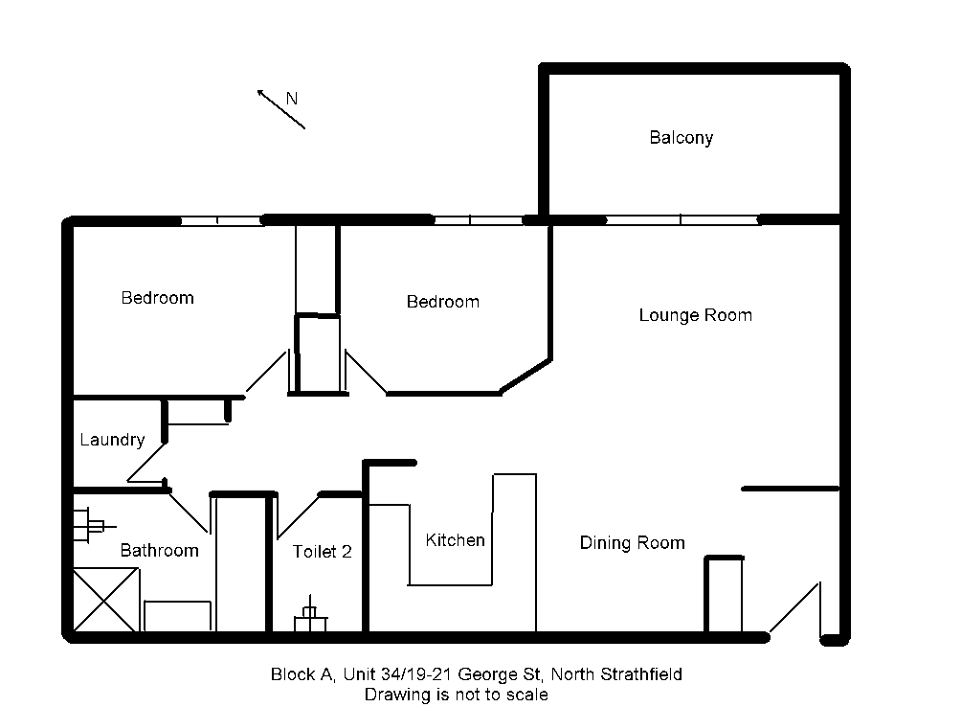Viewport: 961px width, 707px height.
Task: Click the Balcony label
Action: [x=681, y=138]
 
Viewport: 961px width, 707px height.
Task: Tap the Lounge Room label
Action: [x=695, y=315]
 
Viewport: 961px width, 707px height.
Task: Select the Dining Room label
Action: [x=632, y=543]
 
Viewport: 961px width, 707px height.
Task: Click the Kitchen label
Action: [x=455, y=540]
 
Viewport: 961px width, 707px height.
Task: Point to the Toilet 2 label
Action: [x=322, y=551]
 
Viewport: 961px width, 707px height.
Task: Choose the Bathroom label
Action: [x=159, y=550]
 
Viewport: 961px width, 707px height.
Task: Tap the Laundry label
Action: [x=112, y=440]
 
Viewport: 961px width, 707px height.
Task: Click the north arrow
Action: [x=280, y=109]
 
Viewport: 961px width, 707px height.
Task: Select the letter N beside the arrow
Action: [x=292, y=98]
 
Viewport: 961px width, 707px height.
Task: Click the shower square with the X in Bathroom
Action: [x=106, y=599]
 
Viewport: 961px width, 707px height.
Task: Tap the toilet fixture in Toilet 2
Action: [x=309, y=619]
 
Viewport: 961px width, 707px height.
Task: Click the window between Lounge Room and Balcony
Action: [x=682, y=219]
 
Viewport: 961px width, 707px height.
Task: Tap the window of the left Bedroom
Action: [x=219, y=220]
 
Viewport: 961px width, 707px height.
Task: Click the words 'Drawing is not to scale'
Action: [x=456, y=695]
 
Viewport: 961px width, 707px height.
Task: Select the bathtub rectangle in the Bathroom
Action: [x=177, y=616]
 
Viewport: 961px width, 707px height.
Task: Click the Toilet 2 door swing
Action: [x=297, y=517]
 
